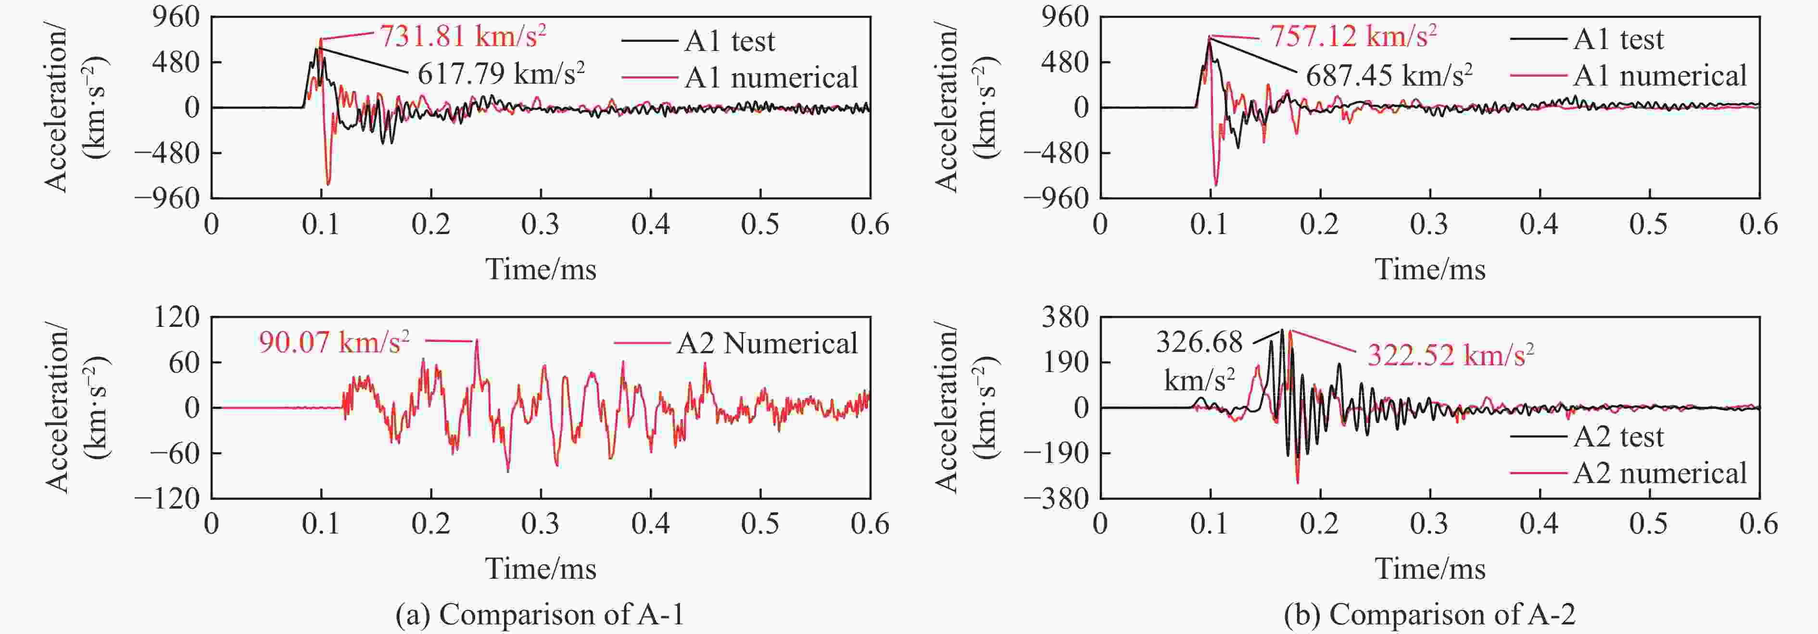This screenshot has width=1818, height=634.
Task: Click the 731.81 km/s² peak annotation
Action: (462, 35)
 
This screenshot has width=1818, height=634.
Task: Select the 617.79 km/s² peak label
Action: (500, 74)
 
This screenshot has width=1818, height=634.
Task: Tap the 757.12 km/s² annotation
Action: (1353, 35)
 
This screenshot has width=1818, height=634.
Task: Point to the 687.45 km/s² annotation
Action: (1388, 75)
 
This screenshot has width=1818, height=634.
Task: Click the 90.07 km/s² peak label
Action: (334, 343)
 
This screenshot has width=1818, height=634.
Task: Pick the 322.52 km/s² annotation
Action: (1450, 355)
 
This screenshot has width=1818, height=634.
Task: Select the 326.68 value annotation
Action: (1199, 343)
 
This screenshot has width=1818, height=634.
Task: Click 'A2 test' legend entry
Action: (1617, 437)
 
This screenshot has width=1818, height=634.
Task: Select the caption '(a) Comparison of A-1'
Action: (540, 614)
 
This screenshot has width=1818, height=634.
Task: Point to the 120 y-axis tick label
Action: (177, 317)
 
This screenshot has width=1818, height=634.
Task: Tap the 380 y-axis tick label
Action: (1066, 317)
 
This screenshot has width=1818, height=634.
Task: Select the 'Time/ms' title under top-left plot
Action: (541, 269)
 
